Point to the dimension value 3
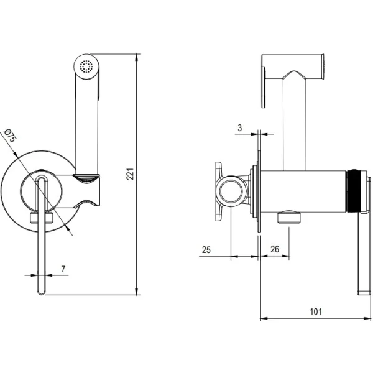tap(240, 129)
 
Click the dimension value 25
tap(207, 250)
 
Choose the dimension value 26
tap(275, 250)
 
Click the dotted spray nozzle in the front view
tap(86, 66)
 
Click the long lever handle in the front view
tap(41, 236)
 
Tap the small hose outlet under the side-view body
tap(287, 216)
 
